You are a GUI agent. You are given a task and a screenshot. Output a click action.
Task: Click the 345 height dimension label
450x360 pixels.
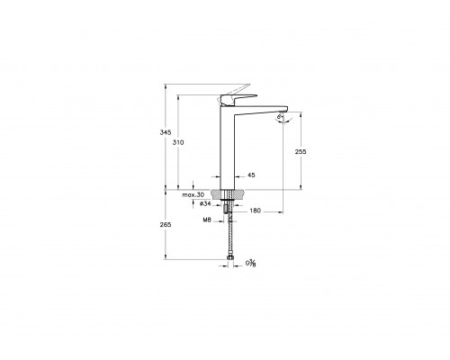(x=165, y=132)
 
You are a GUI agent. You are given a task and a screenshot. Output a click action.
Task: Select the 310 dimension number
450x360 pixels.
(x=178, y=142)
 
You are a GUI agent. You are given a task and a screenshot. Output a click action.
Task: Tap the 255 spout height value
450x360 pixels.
(x=301, y=152)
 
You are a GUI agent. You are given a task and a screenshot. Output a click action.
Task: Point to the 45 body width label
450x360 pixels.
(x=251, y=175)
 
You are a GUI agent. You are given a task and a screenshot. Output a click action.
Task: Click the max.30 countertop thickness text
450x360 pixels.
(x=193, y=195)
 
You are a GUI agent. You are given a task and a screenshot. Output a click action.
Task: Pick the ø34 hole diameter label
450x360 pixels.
(x=205, y=203)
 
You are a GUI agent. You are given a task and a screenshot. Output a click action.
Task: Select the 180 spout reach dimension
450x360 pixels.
(x=255, y=211)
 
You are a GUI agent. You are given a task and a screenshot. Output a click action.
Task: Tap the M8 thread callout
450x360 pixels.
(x=207, y=220)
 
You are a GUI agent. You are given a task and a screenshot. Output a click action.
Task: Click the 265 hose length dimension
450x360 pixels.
(x=166, y=225)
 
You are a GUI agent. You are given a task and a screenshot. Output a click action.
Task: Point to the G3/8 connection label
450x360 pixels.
(x=251, y=264)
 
